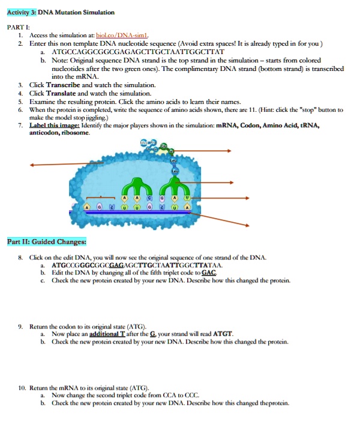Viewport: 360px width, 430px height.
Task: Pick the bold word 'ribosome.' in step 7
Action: click(76, 133)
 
